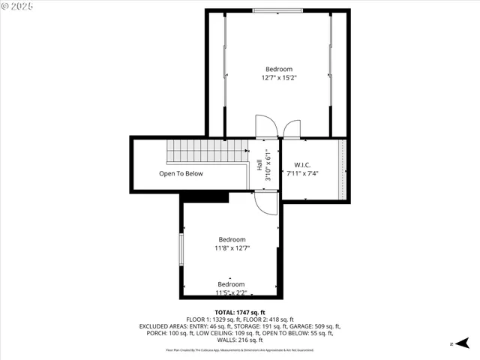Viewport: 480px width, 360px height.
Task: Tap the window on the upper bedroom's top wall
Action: point(277,11)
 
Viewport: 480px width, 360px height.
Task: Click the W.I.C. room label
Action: point(302,164)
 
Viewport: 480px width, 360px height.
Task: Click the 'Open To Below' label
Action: point(181,173)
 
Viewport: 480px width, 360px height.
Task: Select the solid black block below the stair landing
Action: point(205,196)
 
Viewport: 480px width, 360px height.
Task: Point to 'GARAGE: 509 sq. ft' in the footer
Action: point(309,326)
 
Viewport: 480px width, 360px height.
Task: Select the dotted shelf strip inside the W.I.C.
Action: point(343,169)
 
